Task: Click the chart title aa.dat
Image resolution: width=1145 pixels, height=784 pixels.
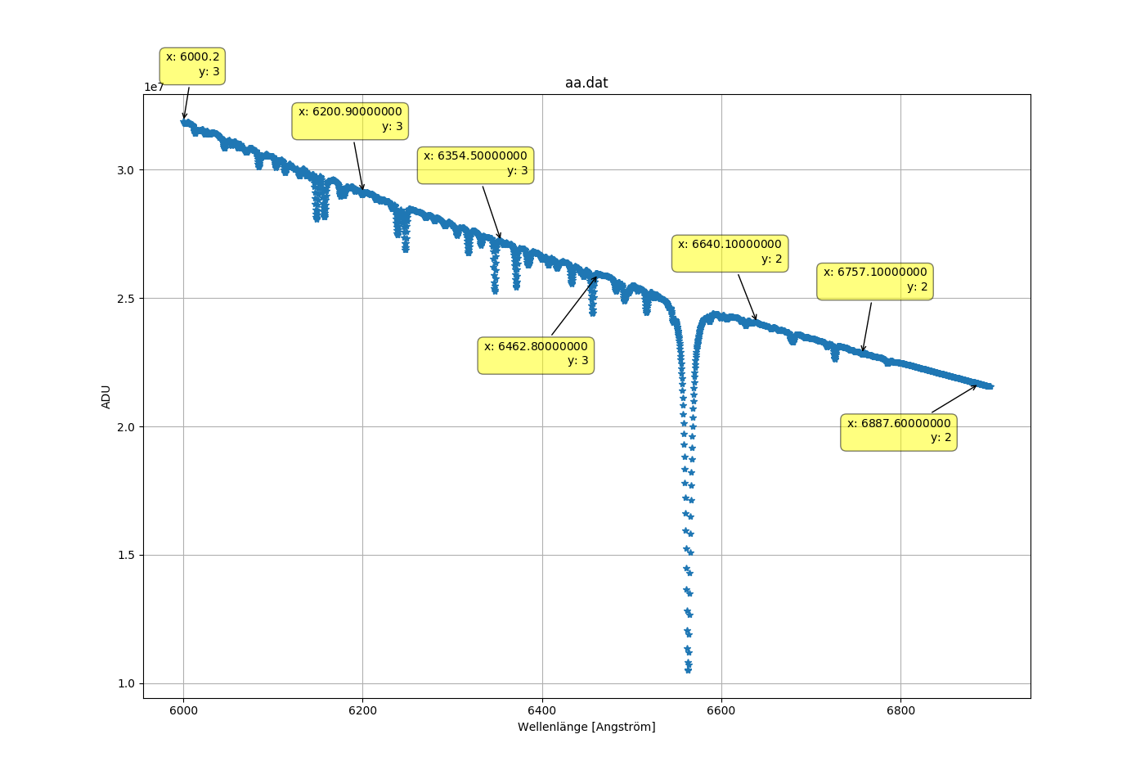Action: (586, 83)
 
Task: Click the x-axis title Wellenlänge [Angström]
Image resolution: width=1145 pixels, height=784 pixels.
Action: (586, 727)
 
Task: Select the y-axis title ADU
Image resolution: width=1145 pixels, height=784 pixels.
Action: (106, 396)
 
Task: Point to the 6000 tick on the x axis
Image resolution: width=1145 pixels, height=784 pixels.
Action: (183, 710)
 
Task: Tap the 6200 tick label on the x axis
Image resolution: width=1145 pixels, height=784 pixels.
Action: (362, 710)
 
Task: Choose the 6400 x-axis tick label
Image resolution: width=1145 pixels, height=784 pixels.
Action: (542, 710)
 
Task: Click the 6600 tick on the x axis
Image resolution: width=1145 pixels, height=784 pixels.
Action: (721, 710)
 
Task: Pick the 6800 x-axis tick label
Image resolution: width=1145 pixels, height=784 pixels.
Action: (900, 710)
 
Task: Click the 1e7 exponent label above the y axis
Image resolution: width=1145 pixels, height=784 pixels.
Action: (155, 88)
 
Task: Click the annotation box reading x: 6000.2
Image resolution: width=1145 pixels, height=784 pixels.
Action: (192, 65)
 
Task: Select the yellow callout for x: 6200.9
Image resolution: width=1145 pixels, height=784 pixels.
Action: (350, 119)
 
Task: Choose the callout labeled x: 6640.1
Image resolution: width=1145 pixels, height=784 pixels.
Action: (730, 252)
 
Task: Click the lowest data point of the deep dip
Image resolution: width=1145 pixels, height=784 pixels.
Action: (688, 670)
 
